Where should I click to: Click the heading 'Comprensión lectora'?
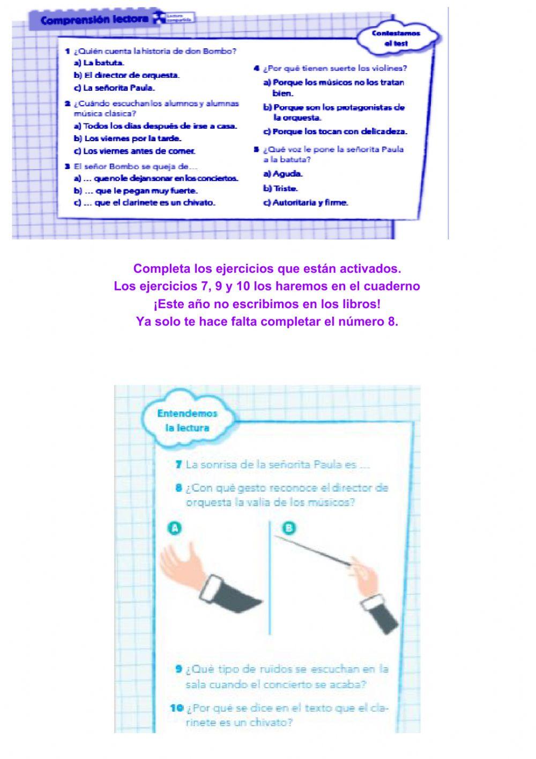[x=94, y=20]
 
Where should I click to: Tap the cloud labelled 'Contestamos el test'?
[x=396, y=38]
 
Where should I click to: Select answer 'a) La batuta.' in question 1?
[x=99, y=63]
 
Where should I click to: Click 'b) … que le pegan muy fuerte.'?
[x=136, y=191]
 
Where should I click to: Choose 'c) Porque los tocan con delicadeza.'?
[x=335, y=132]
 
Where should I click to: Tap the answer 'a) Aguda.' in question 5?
[x=283, y=174]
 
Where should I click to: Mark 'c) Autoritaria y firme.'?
[x=306, y=203]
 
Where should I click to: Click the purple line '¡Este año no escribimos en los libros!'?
[x=267, y=304]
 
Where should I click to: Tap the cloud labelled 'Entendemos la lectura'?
[x=187, y=421]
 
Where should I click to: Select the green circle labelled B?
[x=289, y=528]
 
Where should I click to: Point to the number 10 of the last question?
[x=177, y=708]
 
